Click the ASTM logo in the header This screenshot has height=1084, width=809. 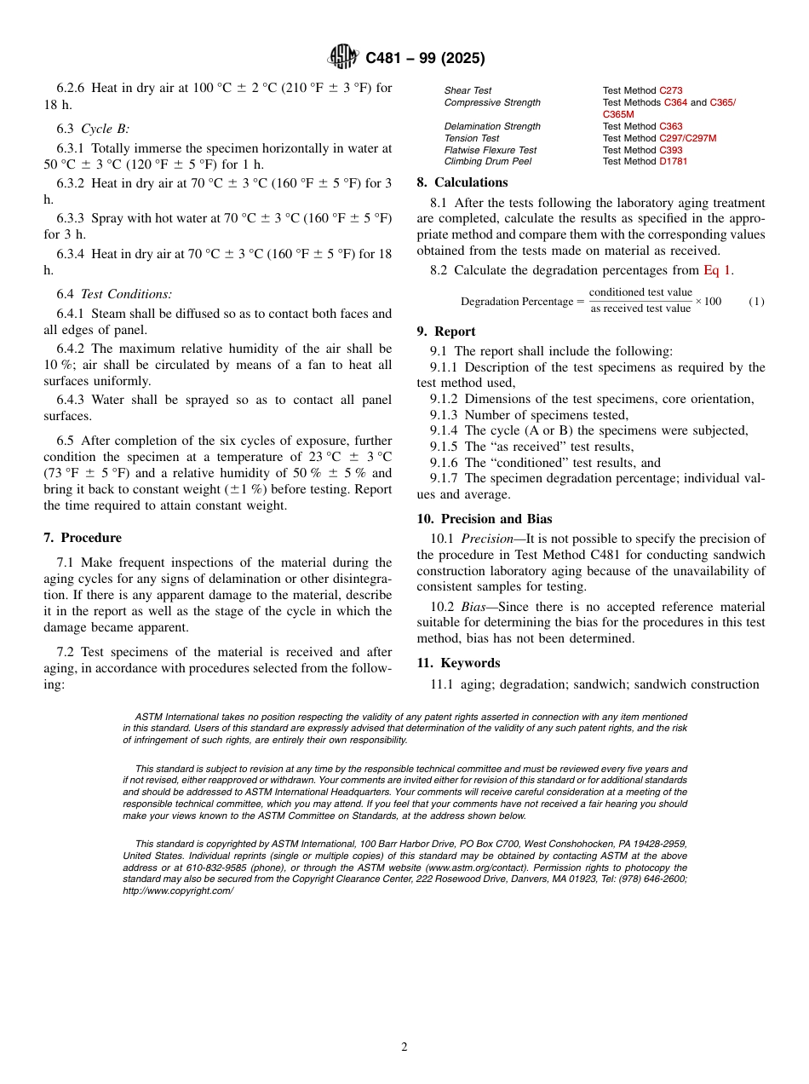343,57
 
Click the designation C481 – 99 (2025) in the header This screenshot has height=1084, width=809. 425,58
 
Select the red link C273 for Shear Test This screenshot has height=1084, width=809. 670,90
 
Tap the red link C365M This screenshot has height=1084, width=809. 617,114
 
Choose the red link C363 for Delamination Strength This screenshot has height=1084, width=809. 670,126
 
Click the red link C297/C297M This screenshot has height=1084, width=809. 687,138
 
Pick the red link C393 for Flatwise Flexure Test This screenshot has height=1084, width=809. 670,150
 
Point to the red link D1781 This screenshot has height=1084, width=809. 673,161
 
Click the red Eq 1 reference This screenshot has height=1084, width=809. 717,270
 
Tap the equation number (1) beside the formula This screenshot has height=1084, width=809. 756,302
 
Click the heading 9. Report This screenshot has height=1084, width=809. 446,332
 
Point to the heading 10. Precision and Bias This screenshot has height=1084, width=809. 485,519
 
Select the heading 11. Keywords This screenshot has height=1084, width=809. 458,663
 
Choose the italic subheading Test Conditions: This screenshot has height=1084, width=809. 126,294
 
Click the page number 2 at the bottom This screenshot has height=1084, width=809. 404,1047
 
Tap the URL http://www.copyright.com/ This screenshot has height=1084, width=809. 177,891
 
